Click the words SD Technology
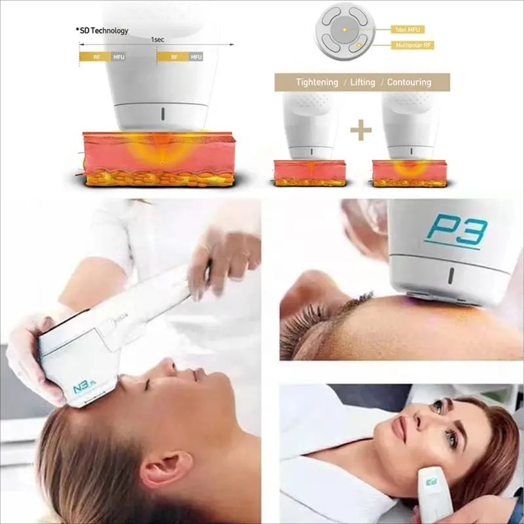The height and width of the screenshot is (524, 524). click(x=103, y=31)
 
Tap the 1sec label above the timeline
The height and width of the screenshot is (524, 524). click(x=157, y=39)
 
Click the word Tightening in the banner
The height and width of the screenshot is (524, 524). click(x=317, y=83)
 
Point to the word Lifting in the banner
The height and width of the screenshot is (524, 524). click(x=362, y=83)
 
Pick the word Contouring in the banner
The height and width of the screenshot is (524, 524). click(x=409, y=83)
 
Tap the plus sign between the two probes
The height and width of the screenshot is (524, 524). click(x=360, y=130)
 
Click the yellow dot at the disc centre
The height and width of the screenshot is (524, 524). click(x=343, y=30)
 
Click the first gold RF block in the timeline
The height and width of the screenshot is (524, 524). click(x=94, y=57)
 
